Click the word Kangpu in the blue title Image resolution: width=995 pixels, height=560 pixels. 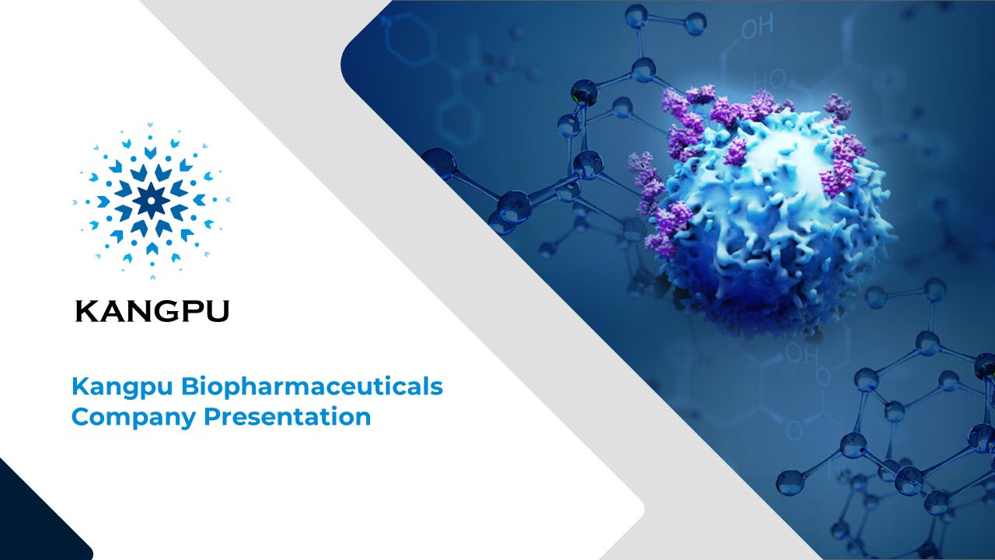pyautogui.click(x=122, y=387)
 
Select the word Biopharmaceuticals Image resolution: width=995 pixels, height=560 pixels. pyautogui.click(x=312, y=387)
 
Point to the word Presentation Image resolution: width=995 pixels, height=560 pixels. pyautogui.click(x=288, y=417)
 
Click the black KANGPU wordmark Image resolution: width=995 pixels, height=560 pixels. pyautogui.click(x=152, y=311)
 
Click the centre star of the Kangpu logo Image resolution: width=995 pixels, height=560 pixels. pyautogui.click(x=151, y=201)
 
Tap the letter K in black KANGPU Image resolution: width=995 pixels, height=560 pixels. pyautogui.click(x=86, y=311)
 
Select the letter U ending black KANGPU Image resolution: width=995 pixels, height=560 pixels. pyautogui.click(x=218, y=312)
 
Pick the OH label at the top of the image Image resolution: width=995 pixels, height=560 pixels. pyautogui.click(x=757, y=26)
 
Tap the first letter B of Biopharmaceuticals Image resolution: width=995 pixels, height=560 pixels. pyautogui.click(x=190, y=387)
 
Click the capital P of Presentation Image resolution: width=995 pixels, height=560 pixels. pyautogui.click(x=212, y=417)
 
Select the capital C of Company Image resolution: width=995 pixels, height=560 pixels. pyautogui.click(x=81, y=417)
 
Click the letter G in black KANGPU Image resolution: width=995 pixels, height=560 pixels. pyautogui.click(x=166, y=311)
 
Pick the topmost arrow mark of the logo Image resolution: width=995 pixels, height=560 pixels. pyautogui.click(x=151, y=124)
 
